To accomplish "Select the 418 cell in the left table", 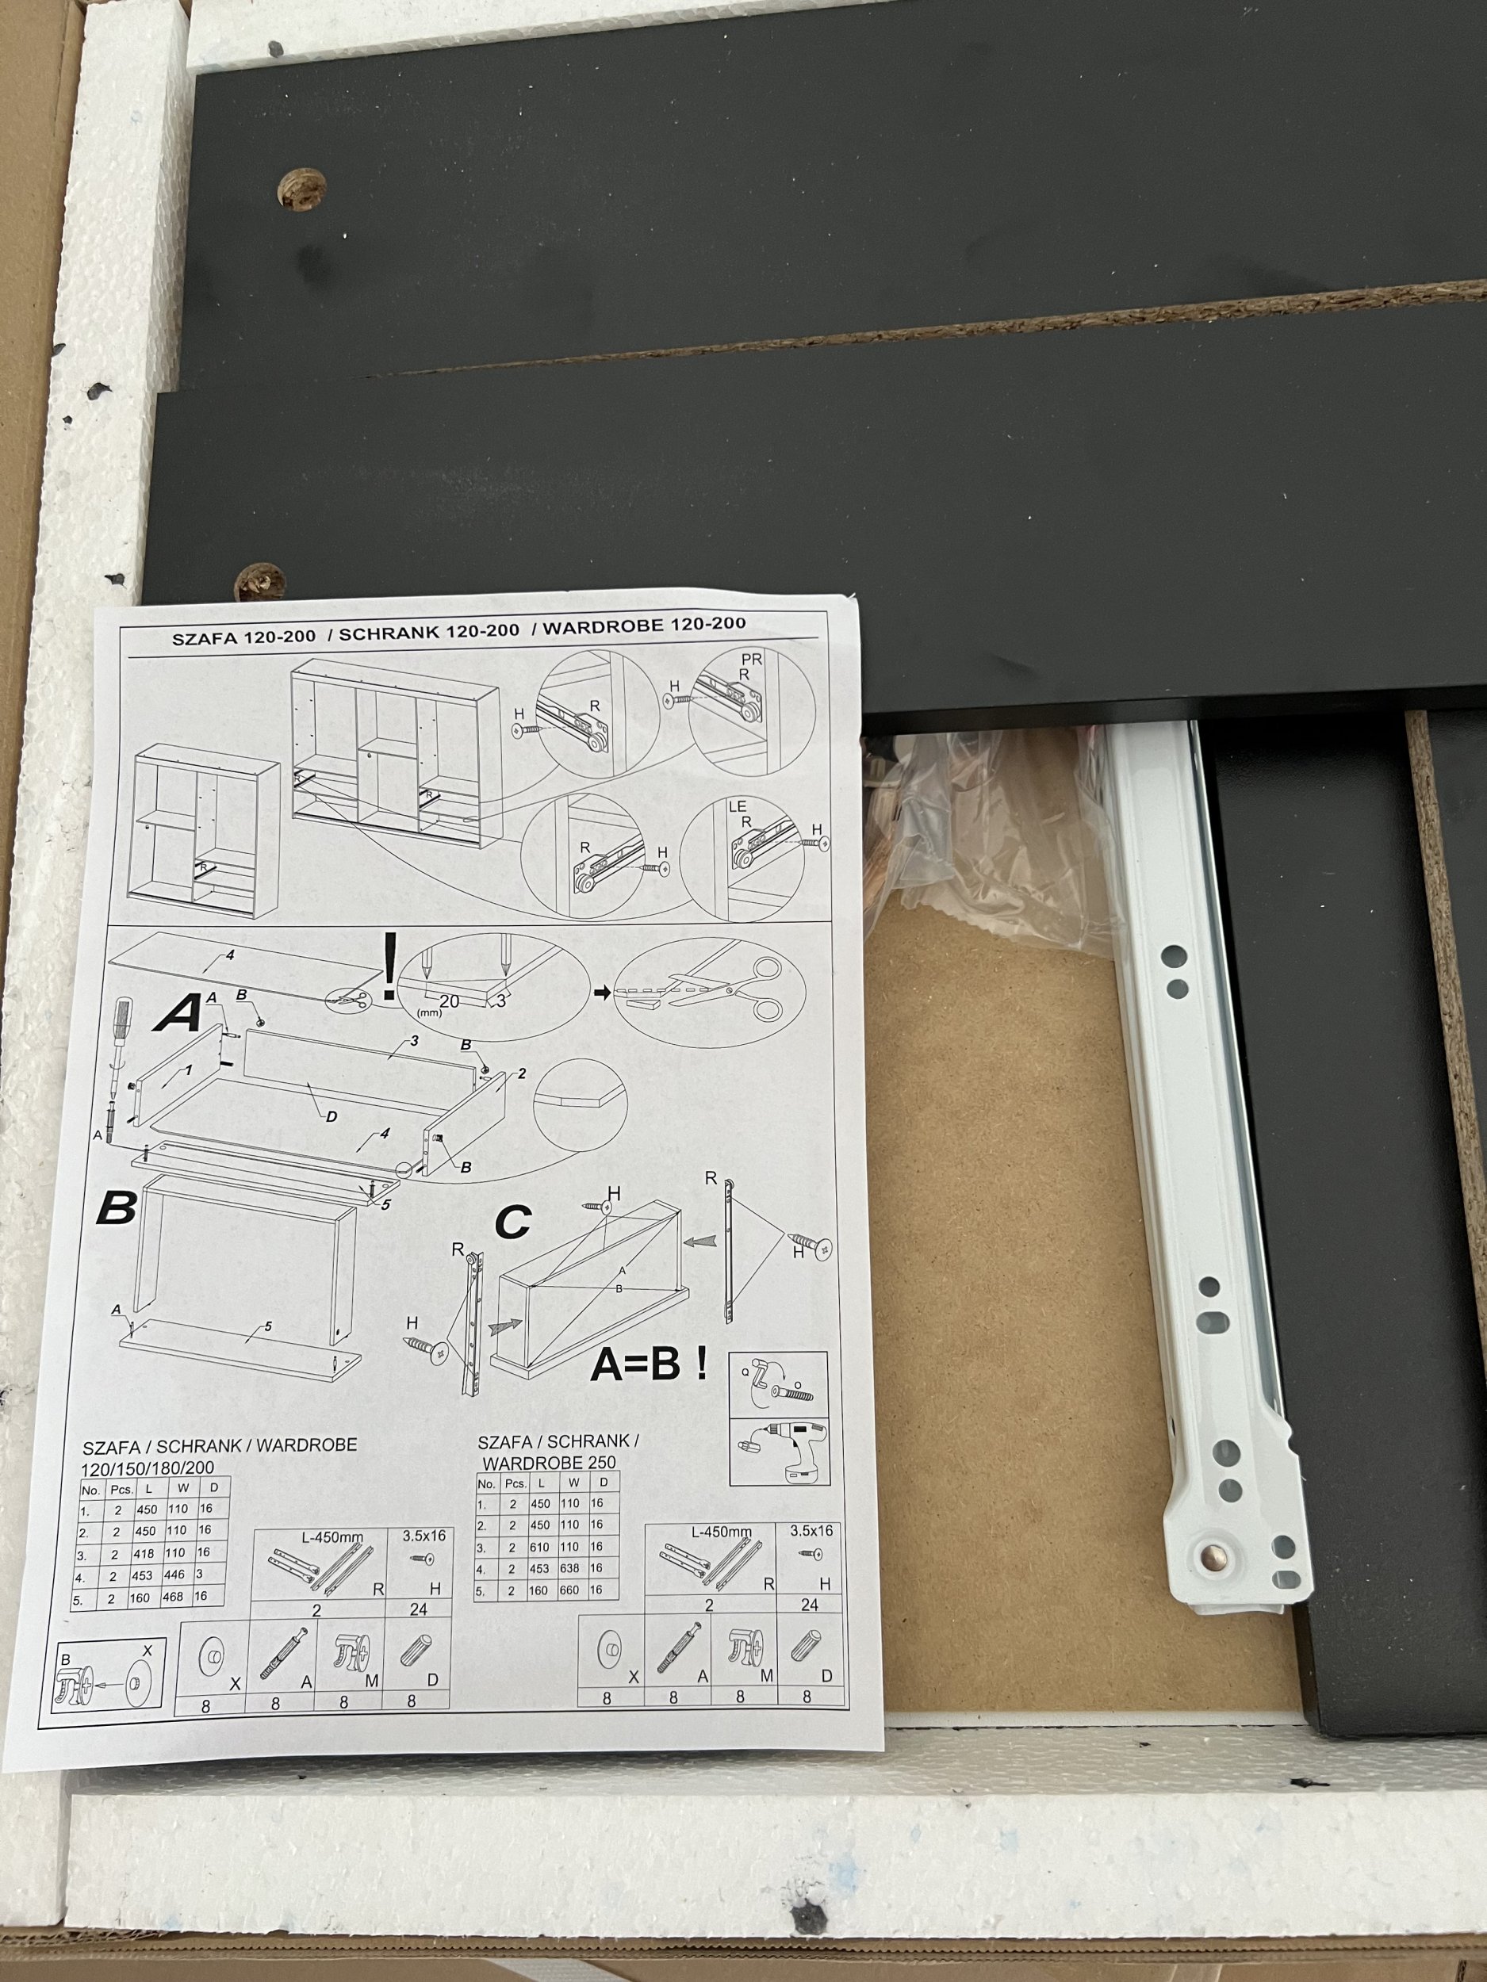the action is (x=144, y=1553).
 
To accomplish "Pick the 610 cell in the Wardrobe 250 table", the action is (x=541, y=1547).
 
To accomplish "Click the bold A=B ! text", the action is (x=649, y=1364).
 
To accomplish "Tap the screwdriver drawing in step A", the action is (x=114, y=1075).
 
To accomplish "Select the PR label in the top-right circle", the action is (x=752, y=659).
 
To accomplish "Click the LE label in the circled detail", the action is (x=737, y=806).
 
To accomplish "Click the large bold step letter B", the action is (x=117, y=1208).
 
